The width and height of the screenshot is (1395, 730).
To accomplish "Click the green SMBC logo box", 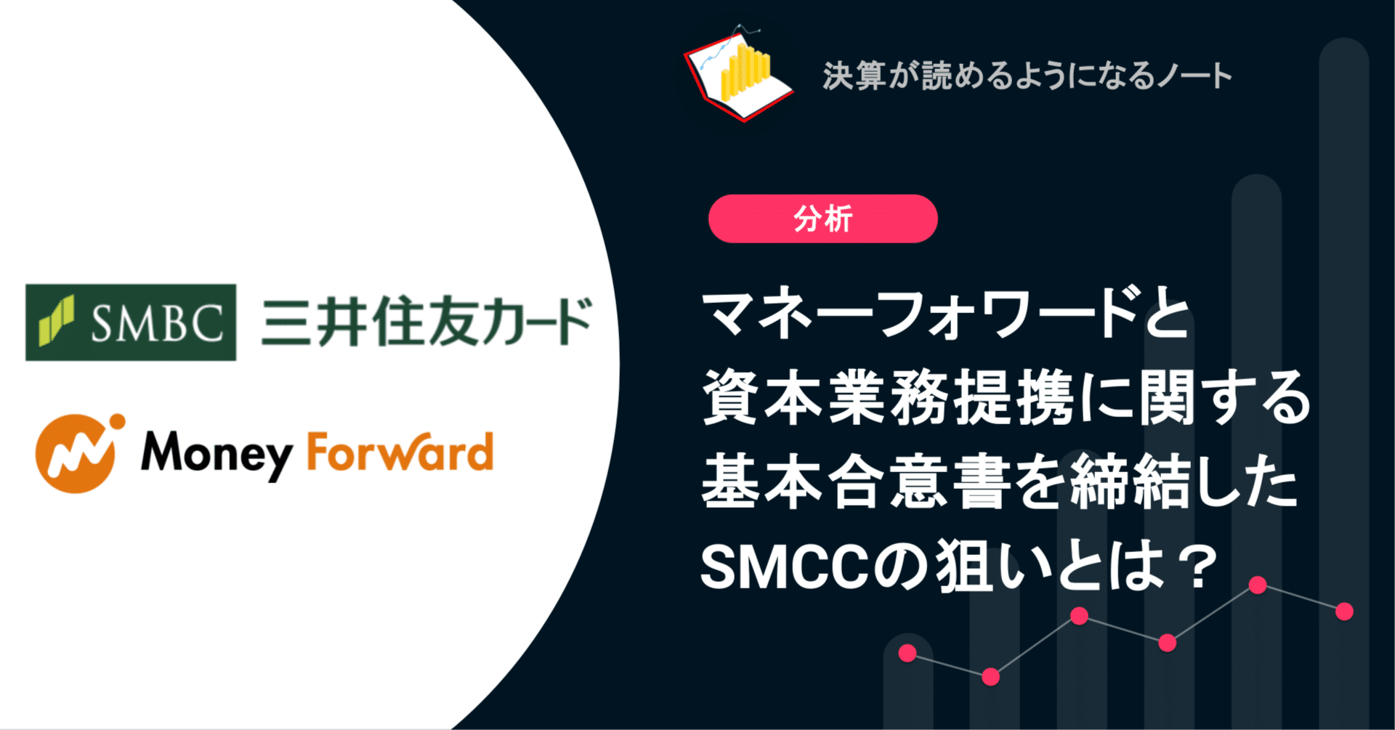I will point(131,323).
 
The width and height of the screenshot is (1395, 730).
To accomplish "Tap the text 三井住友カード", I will point(427,323).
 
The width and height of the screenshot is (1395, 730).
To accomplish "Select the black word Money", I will point(216,454).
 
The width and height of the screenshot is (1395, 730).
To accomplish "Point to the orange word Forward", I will point(400,452).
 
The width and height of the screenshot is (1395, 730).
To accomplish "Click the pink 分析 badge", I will point(822,219).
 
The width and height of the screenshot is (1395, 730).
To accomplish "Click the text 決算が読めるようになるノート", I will point(1027,76).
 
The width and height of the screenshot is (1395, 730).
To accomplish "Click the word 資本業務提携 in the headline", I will point(888,398).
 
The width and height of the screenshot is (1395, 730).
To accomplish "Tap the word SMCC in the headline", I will point(785,567).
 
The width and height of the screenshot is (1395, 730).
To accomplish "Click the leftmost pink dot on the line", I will point(907,653).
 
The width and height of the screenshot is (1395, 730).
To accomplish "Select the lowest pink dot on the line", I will point(990,677).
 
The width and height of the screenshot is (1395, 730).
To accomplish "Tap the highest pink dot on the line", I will point(1258,585).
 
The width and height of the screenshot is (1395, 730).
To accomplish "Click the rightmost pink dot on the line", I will point(1344,612).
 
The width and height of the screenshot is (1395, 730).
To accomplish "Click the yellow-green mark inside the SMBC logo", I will point(57,320).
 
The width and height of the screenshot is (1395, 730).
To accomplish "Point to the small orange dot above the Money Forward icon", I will point(116,421).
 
